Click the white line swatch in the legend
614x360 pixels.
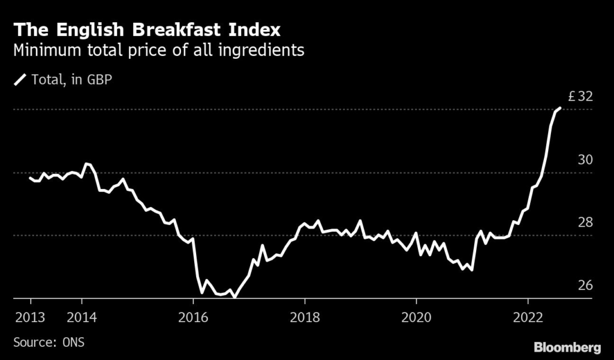pyautogui.click(x=20, y=79)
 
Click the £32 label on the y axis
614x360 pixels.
pyautogui.click(x=580, y=97)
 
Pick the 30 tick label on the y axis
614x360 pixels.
pyautogui.click(x=585, y=160)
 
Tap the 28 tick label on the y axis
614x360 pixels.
pyautogui.click(x=585, y=223)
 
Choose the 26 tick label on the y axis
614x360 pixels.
pyautogui.click(x=585, y=285)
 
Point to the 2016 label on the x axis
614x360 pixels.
pyautogui.click(x=193, y=317)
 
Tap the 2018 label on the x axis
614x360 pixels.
pyautogui.click(x=305, y=317)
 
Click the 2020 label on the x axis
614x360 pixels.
pyautogui.click(x=416, y=317)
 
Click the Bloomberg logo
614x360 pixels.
pyautogui.click(x=568, y=347)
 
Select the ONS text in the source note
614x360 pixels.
pyautogui.click(x=73, y=343)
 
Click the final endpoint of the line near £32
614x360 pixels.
pyautogui.click(x=559, y=108)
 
